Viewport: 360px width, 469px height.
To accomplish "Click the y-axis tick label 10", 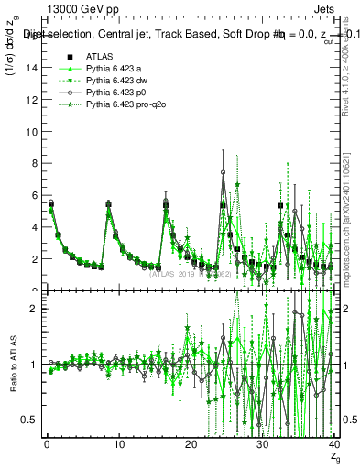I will tap(28, 131).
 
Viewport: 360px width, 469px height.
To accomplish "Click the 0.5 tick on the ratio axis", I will tap(27, 420).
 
